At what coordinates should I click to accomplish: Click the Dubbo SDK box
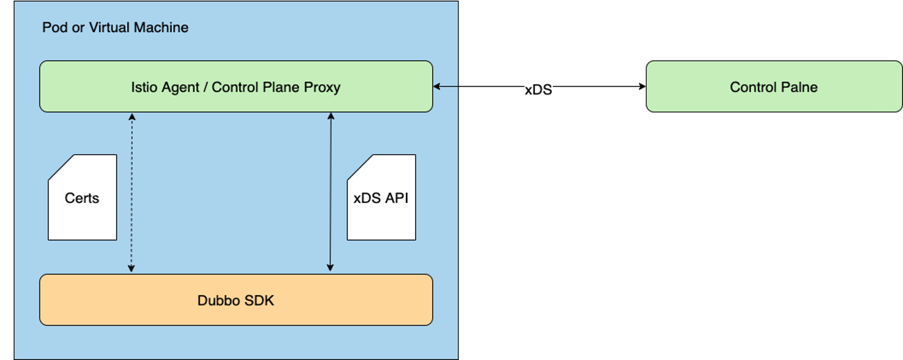click(236, 300)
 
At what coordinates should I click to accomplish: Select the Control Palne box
click(774, 87)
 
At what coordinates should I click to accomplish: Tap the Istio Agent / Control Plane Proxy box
click(236, 87)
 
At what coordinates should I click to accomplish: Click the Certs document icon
click(82, 198)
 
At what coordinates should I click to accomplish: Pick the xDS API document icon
click(381, 198)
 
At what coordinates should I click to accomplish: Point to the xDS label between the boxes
click(538, 90)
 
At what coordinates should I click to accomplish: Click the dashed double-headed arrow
click(131, 192)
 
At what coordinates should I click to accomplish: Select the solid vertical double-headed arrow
click(331, 192)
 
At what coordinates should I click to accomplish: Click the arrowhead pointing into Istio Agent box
click(437, 87)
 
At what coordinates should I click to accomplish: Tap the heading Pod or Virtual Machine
click(115, 28)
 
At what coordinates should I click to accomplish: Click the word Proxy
click(322, 87)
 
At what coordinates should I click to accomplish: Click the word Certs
click(82, 198)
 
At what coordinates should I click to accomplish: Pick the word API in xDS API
click(396, 198)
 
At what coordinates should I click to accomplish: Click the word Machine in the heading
click(162, 28)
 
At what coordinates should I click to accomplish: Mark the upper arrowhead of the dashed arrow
click(131, 116)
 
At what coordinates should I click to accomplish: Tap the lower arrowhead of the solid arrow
click(331, 268)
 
